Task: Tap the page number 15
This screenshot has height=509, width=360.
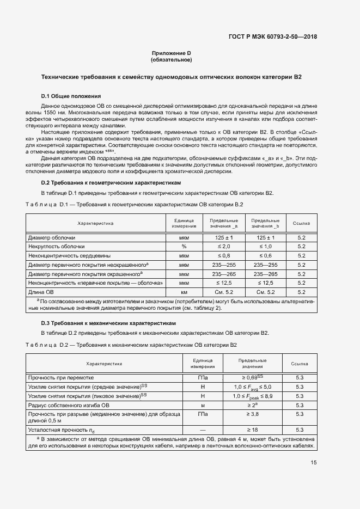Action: tap(314, 463)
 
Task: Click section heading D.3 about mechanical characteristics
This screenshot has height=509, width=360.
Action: tap(108, 323)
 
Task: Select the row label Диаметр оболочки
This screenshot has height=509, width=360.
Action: tap(52, 238)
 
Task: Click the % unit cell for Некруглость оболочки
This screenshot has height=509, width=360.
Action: tap(184, 247)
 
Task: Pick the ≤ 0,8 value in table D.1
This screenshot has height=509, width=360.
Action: tap(224, 256)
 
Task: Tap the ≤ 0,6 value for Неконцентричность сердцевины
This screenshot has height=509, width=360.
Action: tap(266, 256)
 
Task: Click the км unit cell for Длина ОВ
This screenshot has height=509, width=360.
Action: tap(184, 292)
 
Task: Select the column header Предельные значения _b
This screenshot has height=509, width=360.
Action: tap(266, 223)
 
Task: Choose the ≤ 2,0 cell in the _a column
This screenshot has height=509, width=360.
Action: tap(224, 247)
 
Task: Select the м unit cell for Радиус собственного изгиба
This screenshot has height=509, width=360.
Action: tap(203, 405)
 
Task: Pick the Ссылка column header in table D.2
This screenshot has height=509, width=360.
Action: tap(300, 363)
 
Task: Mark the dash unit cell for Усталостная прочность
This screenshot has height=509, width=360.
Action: tap(203, 430)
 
